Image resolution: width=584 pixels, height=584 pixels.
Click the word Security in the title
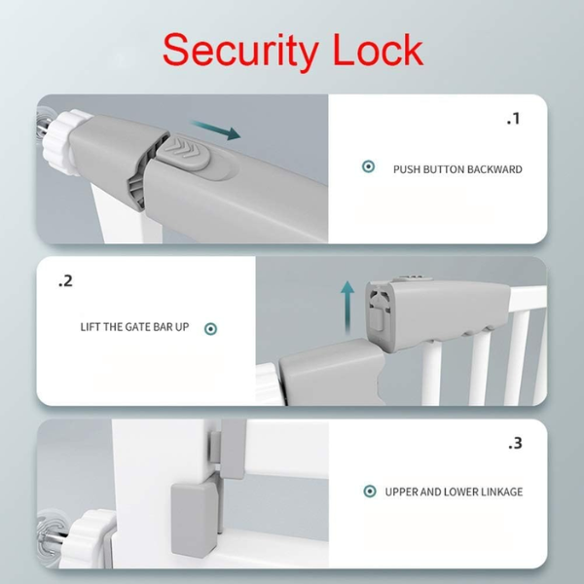pyautogui.click(x=240, y=48)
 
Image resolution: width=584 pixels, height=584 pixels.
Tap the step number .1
pyautogui.click(x=514, y=120)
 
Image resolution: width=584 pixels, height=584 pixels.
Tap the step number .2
pyautogui.click(x=65, y=281)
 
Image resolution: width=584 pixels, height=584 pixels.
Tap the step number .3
pyautogui.click(x=515, y=443)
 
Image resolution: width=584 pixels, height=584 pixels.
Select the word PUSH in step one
pyautogui.click(x=407, y=169)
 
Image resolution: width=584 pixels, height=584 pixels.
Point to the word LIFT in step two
pyautogui.click(x=91, y=327)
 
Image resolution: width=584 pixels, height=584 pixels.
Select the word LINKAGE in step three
pyautogui.click(x=497, y=492)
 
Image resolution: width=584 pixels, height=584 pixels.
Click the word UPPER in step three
pyautogui.click(x=403, y=492)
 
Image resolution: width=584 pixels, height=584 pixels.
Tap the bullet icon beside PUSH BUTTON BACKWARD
pyautogui.click(x=368, y=167)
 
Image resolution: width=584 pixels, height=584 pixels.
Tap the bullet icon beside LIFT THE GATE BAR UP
pyautogui.click(x=210, y=328)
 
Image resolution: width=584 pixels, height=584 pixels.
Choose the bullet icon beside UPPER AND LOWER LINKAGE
pyautogui.click(x=370, y=492)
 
